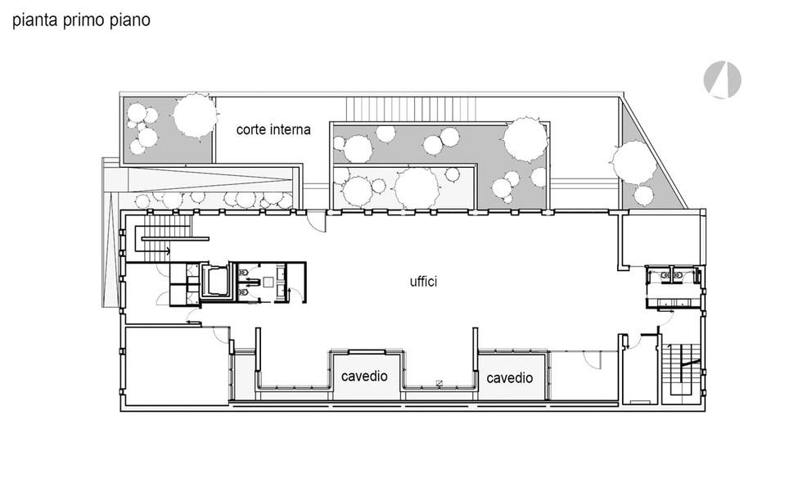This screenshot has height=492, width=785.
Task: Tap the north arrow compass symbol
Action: [722, 80]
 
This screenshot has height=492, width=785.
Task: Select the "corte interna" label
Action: [273, 129]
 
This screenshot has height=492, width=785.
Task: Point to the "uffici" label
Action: [423, 282]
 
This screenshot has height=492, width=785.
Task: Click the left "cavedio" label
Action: [364, 376]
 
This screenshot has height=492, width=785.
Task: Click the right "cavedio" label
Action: [509, 378]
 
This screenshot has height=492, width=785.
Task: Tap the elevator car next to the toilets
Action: [216, 282]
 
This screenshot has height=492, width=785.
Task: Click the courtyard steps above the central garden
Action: [411, 109]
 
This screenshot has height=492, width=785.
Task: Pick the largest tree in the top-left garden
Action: [196, 115]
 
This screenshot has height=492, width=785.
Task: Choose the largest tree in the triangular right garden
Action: [634, 162]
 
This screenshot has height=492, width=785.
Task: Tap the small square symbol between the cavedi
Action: [439, 383]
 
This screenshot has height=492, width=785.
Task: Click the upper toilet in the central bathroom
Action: [244, 273]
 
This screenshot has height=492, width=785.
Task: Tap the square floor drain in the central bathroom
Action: [268, 282]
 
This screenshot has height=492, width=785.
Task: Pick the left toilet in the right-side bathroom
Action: [665, 275]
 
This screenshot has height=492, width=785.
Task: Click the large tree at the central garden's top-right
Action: [526, 140]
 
